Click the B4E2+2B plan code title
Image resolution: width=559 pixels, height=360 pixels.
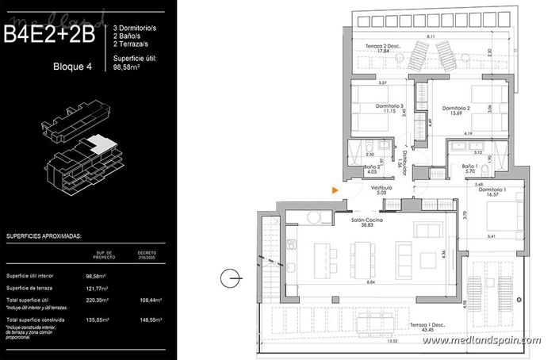49,34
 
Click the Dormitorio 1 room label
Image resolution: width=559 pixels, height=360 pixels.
492,192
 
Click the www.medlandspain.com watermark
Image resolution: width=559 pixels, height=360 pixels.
481,340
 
